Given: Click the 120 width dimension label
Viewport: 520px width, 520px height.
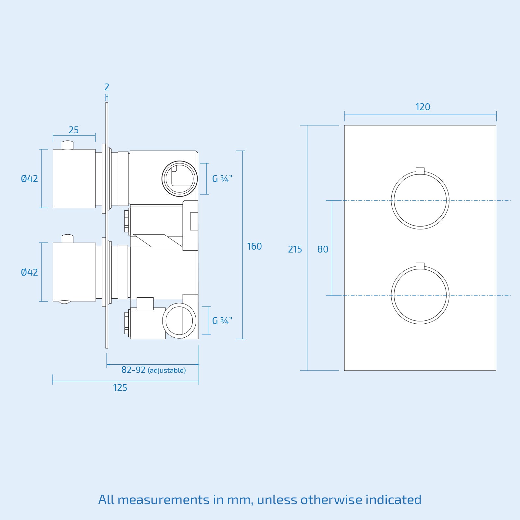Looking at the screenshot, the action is coord(422,107).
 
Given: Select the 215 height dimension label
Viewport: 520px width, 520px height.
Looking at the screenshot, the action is coord(295,249).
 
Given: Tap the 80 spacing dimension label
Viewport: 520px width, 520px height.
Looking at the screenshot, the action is coord(323,249).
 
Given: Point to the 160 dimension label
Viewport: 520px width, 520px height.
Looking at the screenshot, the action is coord(254,246).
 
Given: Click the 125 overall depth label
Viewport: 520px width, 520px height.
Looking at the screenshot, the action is coord(120,388).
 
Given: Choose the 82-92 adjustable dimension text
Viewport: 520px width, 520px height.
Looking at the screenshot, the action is coord(154,370).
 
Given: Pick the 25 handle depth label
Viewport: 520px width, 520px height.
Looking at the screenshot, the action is coord(73,130).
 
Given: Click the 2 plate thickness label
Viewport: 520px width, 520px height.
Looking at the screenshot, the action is coord(107,87).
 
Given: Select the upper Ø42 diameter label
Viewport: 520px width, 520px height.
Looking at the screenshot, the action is coord(29,178).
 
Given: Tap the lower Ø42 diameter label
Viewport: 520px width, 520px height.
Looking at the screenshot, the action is coord(29,272).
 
